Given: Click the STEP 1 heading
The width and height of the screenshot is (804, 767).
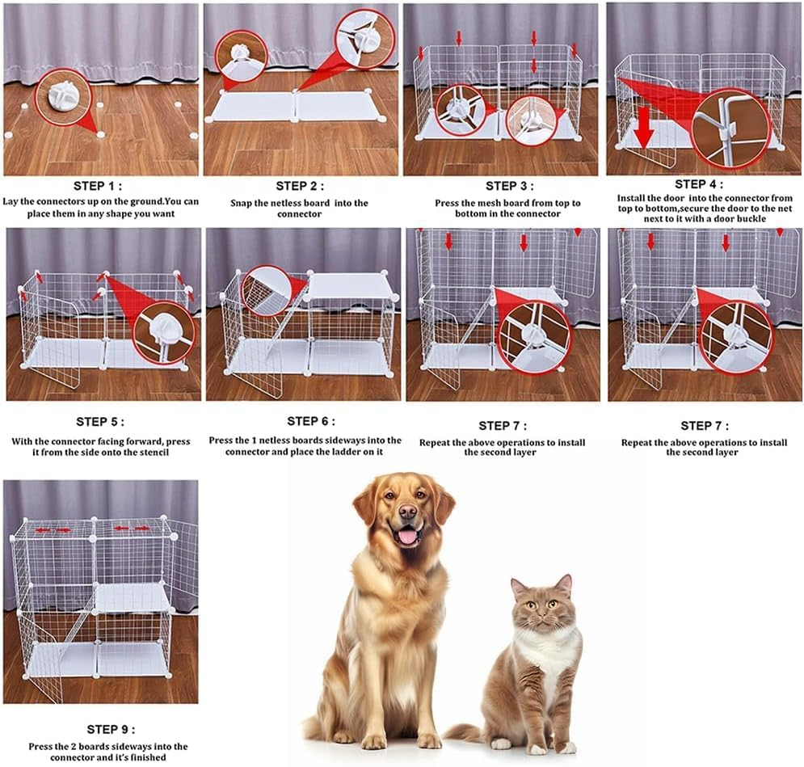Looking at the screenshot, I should click(x=99, y=185).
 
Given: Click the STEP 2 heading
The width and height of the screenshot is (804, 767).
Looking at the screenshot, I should click(x=301, y=186).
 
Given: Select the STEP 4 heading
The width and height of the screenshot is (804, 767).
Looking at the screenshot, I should click(x=700, y=184).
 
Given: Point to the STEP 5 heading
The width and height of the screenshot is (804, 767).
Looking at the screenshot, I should click(x=100, y=422).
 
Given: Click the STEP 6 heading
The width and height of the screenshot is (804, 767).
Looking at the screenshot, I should click(x=310, y=421).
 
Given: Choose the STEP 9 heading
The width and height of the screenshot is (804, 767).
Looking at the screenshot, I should click(x=112, y=729).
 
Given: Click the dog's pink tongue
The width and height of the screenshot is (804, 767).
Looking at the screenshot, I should click(x=407, y=536).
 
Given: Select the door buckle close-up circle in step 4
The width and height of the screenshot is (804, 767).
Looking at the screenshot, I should click(x=730, y=128).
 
